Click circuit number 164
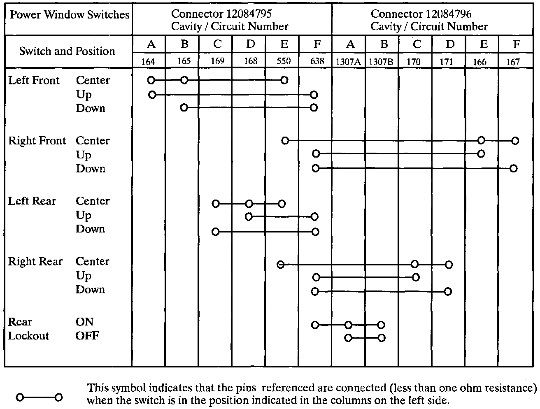coord(148,62)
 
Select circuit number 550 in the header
coord(284,61)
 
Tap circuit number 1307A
coord(348,62)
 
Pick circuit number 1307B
coord(381,62)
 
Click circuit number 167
coord(513,62)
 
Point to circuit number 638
coord(317,61)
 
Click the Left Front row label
coord(34,80)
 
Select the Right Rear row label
coord(35,262)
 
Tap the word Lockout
coord(28,336)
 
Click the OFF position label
coord(87,336)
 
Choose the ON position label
coord(84,322)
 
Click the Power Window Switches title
coord(69,15)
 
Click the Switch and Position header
coord(67,51)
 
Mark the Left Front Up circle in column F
coord(314,95)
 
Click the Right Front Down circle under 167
coord(513,168)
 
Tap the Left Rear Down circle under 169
coord(215,232)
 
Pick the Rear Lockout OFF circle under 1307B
coord(382,338)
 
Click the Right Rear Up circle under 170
coord(416,277)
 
